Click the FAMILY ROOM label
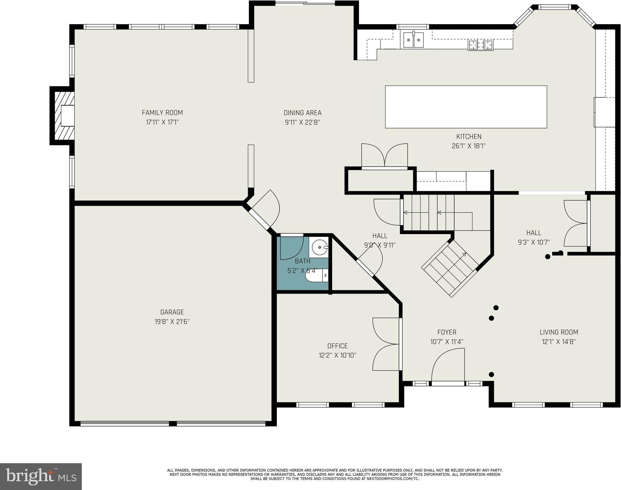162,113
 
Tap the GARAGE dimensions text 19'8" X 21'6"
172,322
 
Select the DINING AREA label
302,113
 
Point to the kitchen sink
414,40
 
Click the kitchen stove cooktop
481,45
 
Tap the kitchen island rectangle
466,107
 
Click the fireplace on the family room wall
62,116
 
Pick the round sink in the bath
319,247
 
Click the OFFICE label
337,346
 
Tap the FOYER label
447,332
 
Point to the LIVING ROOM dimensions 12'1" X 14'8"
559,342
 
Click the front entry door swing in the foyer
448,365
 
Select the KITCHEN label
469,137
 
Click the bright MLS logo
41,477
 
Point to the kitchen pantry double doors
384,156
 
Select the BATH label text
303,261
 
